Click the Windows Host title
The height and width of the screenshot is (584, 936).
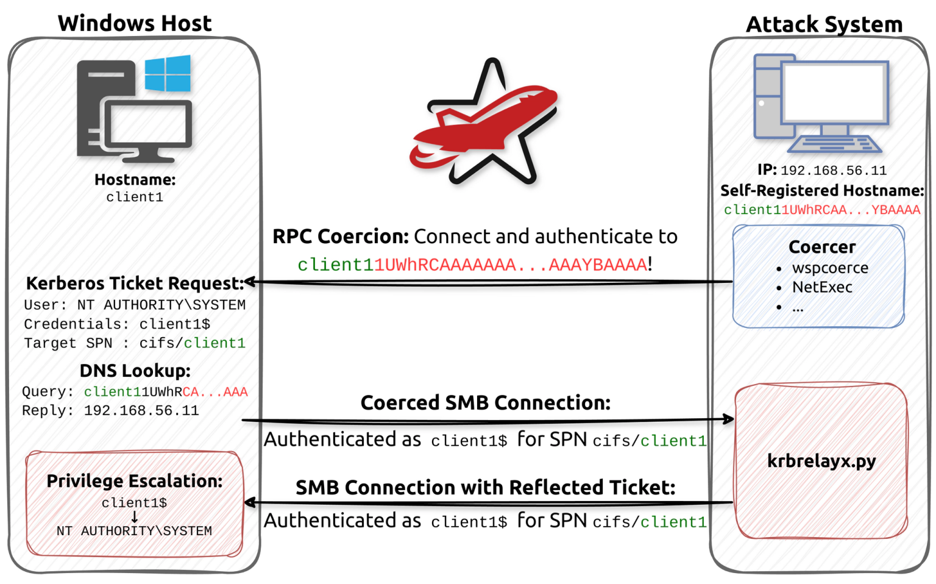point(135,23)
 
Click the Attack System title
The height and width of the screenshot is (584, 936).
point(824,24)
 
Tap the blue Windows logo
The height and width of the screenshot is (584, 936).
point(168,73)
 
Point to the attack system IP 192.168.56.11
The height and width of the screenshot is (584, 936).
point(833,171)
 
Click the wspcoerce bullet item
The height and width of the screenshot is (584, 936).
point(829,268)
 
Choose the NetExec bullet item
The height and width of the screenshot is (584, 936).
point(822,287)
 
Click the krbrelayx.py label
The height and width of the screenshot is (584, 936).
point(821,461)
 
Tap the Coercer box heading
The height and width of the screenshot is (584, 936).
point(822,247)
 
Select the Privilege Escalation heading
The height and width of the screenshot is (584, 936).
point(135,481)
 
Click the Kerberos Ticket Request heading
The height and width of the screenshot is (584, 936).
point(135,283)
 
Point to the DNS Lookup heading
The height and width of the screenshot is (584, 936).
point(135,371)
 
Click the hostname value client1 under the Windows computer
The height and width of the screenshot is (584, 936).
point(135,198)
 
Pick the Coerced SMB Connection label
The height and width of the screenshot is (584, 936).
point(485,403)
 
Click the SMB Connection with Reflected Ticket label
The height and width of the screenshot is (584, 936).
point(485,488)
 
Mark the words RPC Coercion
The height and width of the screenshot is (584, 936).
point(340,237)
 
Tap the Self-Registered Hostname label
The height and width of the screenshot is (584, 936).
point(821,191)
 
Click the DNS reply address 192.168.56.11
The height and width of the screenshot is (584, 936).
point(141,411)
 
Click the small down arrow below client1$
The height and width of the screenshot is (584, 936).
point(135,517)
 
